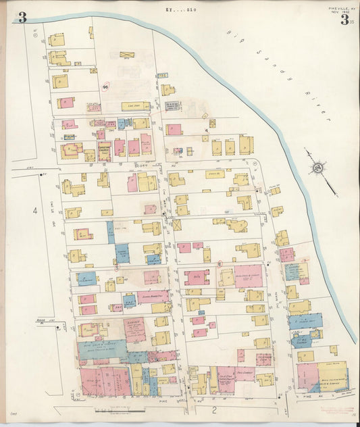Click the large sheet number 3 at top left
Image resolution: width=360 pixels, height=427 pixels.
[22, 17]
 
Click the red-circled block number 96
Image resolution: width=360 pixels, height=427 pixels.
[106, 87]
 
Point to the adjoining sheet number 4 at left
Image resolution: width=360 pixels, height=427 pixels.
[34, 210]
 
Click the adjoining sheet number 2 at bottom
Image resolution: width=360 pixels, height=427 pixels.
[213, 409]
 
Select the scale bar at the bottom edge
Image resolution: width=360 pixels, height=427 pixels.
[108, 410]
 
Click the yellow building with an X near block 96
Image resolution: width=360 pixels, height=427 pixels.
[127, 55]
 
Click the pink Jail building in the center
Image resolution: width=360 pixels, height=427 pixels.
[197, 277]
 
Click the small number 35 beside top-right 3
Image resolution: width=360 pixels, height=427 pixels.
[352, 22]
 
